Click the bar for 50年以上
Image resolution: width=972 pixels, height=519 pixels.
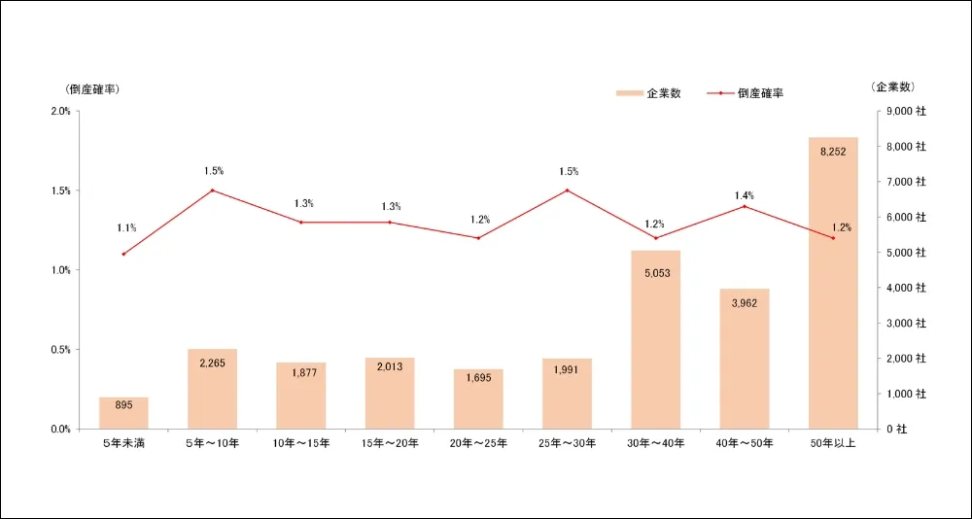click(x=833, y=283)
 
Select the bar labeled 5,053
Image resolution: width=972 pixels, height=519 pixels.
click(x=656, y=339)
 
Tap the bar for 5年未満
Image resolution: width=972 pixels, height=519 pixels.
click(x=123, y=412)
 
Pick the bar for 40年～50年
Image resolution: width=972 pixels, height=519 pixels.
click(x=745, y=359)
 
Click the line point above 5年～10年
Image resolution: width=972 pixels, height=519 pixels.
click(x=212, y=190)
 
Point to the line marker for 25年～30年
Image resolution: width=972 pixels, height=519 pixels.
click(x=568, y=190)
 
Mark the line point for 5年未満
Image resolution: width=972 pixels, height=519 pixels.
click(x=123, y=254)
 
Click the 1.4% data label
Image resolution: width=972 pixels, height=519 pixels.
click(x=745, y=195)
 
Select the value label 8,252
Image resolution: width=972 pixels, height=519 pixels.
click(x=833, y=152)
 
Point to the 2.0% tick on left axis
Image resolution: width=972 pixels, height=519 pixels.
click(x=60, y=111)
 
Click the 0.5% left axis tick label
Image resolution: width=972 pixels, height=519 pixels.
click(x=60, y=350)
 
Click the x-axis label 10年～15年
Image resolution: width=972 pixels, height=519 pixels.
click(x=301, y=444)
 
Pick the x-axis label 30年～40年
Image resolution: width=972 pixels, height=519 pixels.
click(x=656, y=444)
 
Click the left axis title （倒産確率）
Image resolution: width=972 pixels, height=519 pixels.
click(x=92, y=88)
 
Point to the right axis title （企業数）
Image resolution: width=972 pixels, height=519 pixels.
click(x=893, y=86)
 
